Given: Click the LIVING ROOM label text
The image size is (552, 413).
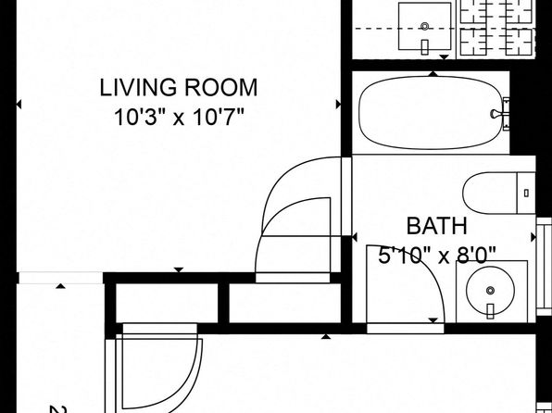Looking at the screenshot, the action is tap(179, 87).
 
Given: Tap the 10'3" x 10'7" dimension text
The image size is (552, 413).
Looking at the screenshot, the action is tap(179, 117).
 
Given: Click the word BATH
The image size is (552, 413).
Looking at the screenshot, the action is tap(437, 226).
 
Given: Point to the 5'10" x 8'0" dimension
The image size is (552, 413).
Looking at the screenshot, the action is tap(437, 255).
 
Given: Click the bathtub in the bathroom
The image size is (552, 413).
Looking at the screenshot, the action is tap(430, 113).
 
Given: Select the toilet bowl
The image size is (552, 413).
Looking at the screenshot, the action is tap(490, 193).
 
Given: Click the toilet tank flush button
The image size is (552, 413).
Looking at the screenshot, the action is tap(526, 193).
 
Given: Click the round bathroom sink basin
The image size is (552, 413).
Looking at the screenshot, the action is tap(490, 291).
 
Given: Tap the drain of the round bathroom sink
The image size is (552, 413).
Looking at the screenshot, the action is tap(490, 291).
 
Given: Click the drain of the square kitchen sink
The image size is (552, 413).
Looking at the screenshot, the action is tap(425, 26).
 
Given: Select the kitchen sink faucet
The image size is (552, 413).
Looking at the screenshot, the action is tap(425, 47).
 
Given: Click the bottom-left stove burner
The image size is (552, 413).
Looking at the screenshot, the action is tap(473, 42).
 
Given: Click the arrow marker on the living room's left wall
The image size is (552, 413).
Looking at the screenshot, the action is tap(19, 105).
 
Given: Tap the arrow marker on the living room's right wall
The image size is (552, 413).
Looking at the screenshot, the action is tap(338, 105).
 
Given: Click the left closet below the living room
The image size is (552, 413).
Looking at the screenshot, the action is tap(167, 303).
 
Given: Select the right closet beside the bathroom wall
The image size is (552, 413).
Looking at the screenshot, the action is tap(285, 303).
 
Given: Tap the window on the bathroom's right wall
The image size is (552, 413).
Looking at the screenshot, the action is tap(544, 267).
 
